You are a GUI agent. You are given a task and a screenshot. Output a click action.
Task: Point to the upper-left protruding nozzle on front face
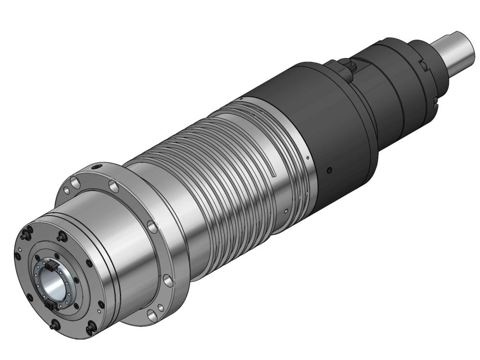point(25,237)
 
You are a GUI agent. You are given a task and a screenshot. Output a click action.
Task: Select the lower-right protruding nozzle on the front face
point(90,327)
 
